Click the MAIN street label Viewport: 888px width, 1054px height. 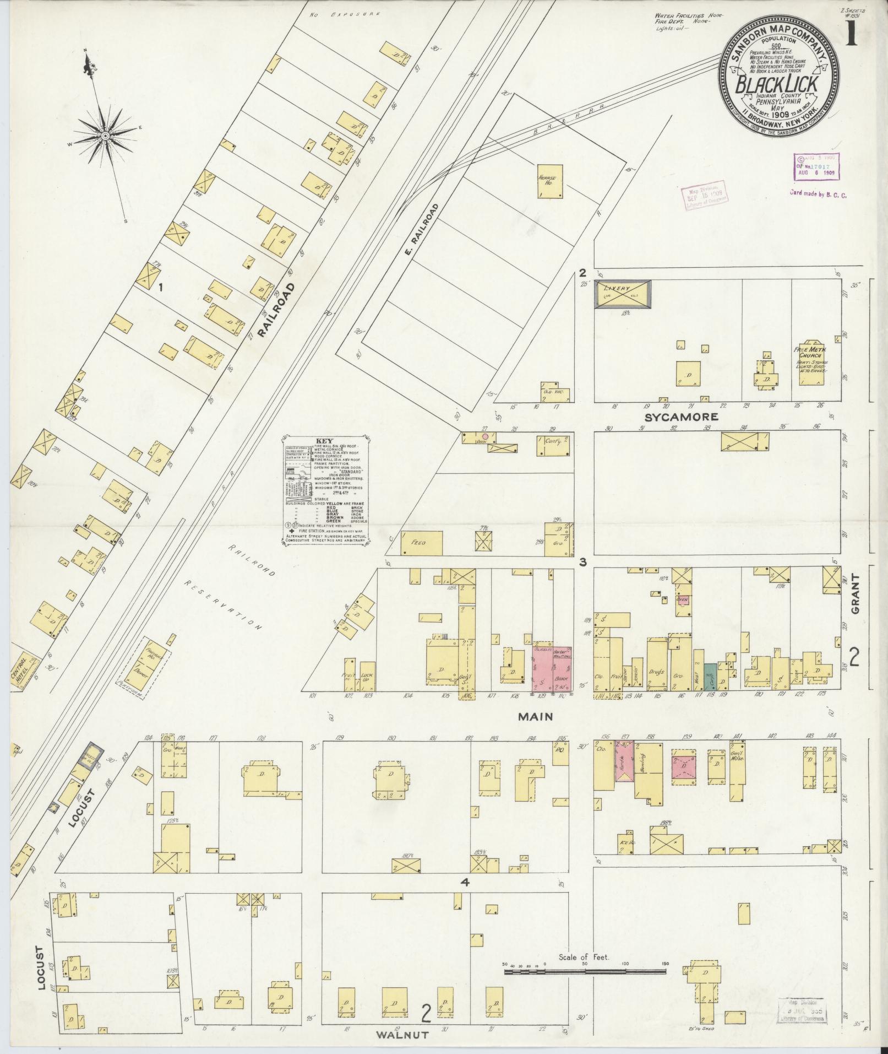pyautogui.click(x=533, y=717)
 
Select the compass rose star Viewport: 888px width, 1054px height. pyautogui.click(x=104, y=136)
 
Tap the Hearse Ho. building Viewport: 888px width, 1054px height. pyautogui.click(x=550, y=181)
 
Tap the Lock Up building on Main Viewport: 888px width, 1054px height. pyautogui.click(x=367, y=674)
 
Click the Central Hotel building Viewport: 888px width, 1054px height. pyautogui.click(x=26, y=671)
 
